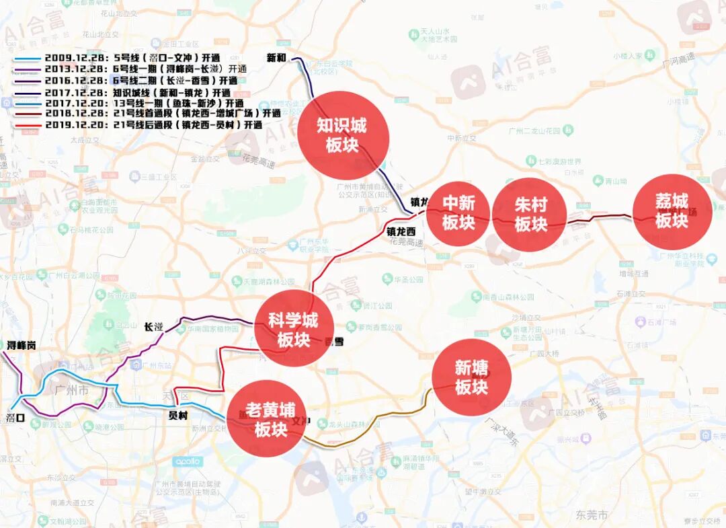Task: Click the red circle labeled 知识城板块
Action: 343,135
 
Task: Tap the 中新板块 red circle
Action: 459,213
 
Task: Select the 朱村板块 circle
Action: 530,215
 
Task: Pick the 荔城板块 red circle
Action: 672,212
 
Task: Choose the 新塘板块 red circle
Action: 471,377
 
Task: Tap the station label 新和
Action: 276,57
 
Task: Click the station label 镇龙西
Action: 401,231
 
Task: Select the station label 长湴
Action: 154,327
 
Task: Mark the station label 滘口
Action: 15,418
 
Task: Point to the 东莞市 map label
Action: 592,515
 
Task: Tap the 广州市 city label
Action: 72,391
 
